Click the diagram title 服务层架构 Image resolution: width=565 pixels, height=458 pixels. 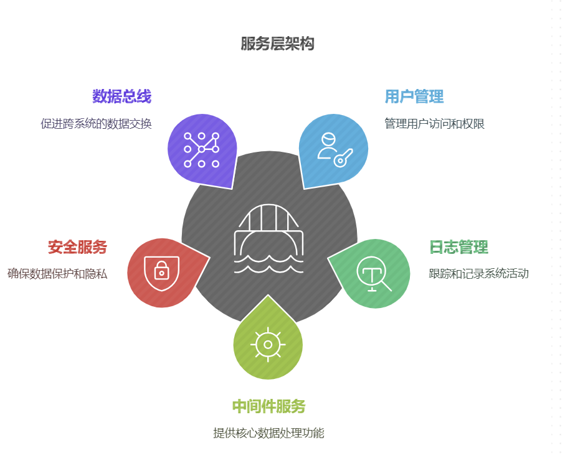click(x=277, y=44)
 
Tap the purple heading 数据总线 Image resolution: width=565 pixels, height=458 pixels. click(x=121, y=96)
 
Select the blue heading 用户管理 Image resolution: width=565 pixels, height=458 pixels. click(x=414, y=96)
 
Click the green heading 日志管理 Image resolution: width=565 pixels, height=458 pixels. click(x=458, y=247)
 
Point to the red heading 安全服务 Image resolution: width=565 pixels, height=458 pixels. click(x=77, y=247)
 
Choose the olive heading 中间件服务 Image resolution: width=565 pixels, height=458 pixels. click(x=268, y=407)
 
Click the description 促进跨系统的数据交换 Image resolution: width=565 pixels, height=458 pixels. click(x=96, y=123)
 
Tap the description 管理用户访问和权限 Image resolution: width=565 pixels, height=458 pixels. click(x=434, y=123)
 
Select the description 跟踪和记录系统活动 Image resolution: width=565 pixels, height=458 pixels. click(x=478, y=273)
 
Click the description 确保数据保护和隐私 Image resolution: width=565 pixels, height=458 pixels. click(x=57, y=273)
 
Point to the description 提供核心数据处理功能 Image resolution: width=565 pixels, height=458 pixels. click(x=268, y=433)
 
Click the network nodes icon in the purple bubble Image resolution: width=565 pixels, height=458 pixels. click(x=201, y=150)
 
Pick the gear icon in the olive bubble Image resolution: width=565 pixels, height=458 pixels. click(x=268, y=344)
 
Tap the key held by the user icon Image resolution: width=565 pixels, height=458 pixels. click(x=343, y=157)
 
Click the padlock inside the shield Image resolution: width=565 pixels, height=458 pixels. click(x=161, y=271)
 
